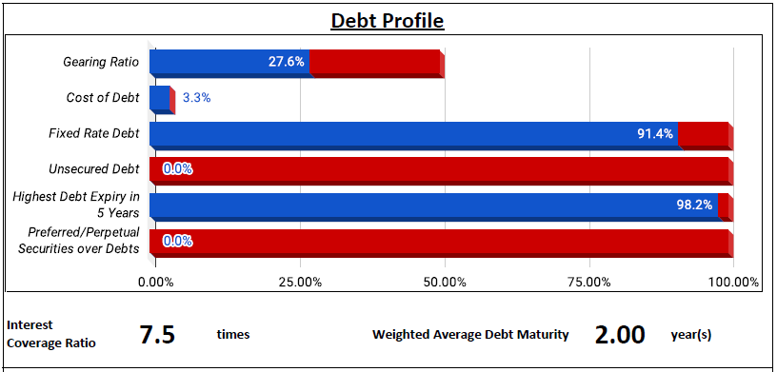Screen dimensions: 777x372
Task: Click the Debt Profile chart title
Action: tap(388, 20)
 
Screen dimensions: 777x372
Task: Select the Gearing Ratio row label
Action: tap(101, 62)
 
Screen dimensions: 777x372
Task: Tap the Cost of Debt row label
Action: tap(103, 98)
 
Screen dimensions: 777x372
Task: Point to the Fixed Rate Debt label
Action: tap(94, 133)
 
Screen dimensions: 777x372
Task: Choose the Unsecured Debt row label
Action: tap(94, 169)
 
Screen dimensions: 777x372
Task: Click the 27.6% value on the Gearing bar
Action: tap(287, 62)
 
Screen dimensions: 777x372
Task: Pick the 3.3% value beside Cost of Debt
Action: tap(197, 98)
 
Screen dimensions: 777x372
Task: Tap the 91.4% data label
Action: tap(655, 133)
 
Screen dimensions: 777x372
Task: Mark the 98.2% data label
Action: tap(695, 205)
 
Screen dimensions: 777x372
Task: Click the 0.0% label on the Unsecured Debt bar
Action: tap(177, 169)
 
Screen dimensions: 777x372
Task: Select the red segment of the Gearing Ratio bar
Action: tap(374, 62)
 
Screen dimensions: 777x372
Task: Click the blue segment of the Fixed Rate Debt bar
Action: tap(413, 134)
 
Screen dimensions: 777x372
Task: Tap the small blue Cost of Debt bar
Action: tap(160, 98)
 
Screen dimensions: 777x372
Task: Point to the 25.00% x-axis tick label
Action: tap(300, 283)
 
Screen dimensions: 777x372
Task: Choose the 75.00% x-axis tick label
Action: tap(589, 283)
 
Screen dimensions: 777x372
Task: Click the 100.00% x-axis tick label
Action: tap(734, 283)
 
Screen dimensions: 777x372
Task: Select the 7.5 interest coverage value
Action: tap(157, 334)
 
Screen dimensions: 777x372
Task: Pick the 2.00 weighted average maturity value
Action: tap(620, 334)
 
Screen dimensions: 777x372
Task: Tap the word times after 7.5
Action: tap(233, 335)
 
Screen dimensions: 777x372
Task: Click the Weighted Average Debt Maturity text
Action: tap(470, 335)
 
